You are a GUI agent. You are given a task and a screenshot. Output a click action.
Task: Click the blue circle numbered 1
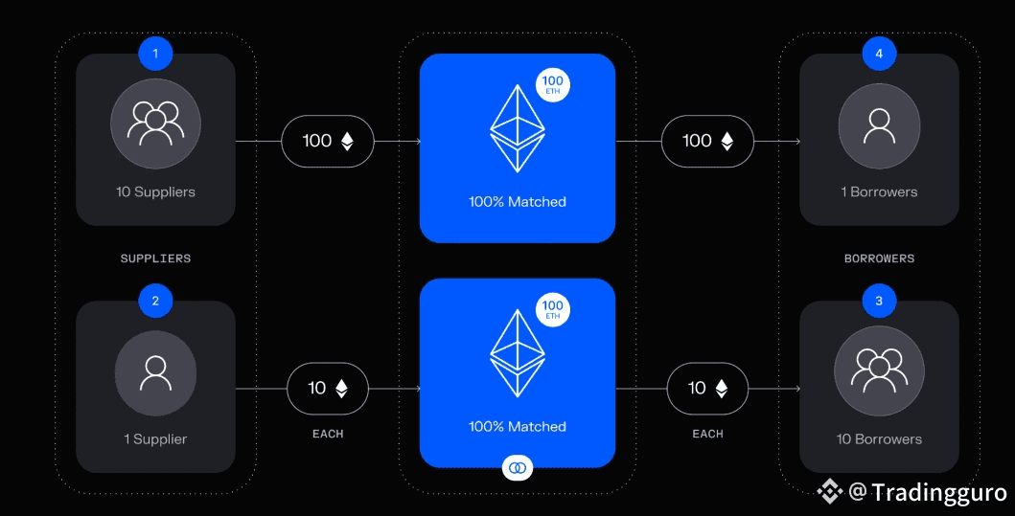coord(155,54)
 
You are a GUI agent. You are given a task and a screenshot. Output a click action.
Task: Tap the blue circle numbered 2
coord(155,302)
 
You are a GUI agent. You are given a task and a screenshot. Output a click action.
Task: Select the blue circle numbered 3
coord(879,302)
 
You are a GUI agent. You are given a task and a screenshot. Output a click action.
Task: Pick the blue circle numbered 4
coord(879,54)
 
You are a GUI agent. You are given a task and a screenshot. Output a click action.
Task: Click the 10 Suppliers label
coord(155,191)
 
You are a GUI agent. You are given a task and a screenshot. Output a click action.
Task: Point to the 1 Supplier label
coord(155,439)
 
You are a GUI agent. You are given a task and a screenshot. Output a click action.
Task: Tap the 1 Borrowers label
coord(879,191)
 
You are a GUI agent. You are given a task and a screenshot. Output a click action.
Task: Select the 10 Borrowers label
coord(879,439)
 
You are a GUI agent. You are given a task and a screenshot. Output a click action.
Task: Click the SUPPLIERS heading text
coord(155,258)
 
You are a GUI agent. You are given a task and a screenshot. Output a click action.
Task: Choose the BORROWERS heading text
coord(879,258)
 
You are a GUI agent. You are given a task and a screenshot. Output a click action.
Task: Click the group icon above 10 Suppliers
coord(155,123)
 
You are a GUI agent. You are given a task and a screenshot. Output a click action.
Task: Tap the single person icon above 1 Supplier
coord(155,372)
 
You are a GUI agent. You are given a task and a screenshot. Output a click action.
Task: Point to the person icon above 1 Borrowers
coord(879,123)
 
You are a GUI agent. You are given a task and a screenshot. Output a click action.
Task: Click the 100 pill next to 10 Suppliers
coord(328,141)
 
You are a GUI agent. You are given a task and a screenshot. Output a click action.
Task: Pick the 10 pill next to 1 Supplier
coord(328,388)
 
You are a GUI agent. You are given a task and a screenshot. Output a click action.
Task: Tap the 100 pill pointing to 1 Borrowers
coord(707,141)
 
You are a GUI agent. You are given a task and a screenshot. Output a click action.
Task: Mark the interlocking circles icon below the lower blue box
coord(518,467)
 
